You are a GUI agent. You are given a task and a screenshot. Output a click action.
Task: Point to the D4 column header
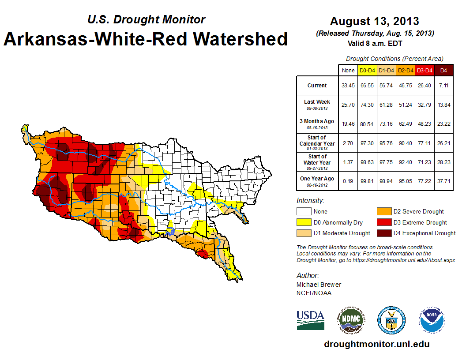tap(443, 70)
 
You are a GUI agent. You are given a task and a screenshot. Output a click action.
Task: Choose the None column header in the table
tap(348, 70)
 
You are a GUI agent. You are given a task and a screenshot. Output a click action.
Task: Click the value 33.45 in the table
tap(348, 86)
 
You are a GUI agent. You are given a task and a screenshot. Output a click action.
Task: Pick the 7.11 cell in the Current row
tap(443, 86)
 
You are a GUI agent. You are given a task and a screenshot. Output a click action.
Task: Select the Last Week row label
tap(317, 104)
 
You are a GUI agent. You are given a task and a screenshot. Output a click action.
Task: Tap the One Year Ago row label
tap(317, 181)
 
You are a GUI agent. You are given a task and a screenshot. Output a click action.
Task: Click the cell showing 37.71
tap(443, 181)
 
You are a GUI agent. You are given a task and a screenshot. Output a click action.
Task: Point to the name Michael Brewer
tap(319, 285)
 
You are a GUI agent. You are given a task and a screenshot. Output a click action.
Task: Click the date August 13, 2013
tap(374, 21)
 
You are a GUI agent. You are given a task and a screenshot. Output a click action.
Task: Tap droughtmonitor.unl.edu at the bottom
tap(376, 344)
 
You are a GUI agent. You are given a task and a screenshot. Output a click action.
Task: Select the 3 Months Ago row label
tap(317, 124)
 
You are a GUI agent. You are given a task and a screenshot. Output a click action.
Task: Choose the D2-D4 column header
tap(405, 70)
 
